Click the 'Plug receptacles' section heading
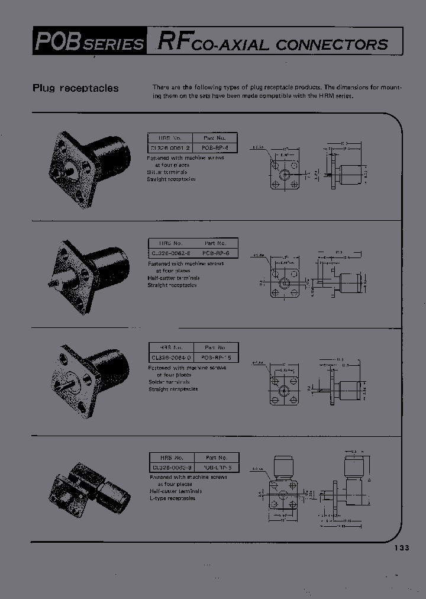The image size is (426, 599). coord(75,88)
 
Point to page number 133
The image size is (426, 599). coord(401,548)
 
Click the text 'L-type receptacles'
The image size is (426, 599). coord(172,498)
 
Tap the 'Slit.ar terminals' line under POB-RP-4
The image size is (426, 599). coord(167,172)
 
